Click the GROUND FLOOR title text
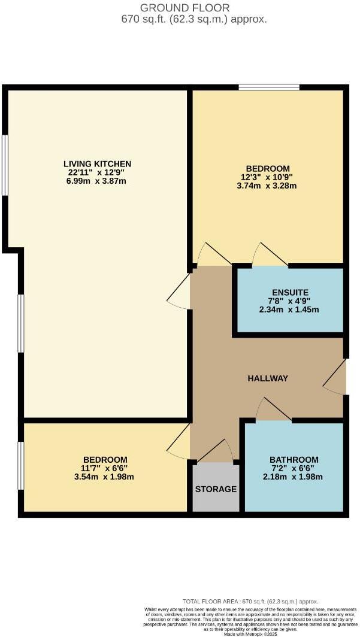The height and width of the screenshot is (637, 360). coord(184,8)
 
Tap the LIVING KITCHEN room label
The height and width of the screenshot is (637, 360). coord(97,163)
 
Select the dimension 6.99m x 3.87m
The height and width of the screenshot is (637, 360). coord(97,181)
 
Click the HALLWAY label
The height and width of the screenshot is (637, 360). coord(268,378)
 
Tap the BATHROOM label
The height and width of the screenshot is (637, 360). coord(294,460)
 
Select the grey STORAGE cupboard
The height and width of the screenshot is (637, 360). coord(216,489)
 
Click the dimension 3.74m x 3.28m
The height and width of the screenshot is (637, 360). coord(268,186)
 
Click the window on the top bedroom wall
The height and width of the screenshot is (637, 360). coord(269,87)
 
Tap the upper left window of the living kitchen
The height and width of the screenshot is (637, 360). coord(5,165)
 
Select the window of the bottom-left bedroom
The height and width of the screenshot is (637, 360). coord(21,466)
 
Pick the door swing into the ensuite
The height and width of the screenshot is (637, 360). coord(268,256)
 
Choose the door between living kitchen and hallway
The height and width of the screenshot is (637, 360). coord(180,294)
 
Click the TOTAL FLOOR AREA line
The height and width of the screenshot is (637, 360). coord(250,602)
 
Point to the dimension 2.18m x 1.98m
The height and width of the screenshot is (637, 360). coord(294,477)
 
